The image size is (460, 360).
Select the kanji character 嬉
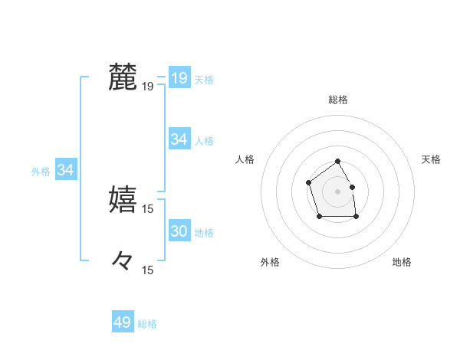tap(123, 198)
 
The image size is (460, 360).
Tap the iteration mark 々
tap(123, 261)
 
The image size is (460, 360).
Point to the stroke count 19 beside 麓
tap(148, 87)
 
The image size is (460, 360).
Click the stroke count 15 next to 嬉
tap(148, 208)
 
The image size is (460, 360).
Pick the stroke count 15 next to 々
tap(148, 270)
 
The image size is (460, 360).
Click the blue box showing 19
tap(179, 77)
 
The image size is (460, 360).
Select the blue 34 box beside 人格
tap(179, 139)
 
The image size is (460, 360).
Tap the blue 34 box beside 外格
tap(66, 170)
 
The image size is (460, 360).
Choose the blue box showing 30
tap(179, 231)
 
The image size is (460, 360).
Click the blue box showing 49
tap(122, 322)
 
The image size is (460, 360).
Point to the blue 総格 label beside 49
tap(147, 324)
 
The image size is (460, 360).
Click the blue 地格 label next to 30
tap(204, 232)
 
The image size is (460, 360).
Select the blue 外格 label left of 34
tap(41, 172)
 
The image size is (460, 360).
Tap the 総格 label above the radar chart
tap(338, 100)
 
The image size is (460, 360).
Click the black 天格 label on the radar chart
tap(432, 159)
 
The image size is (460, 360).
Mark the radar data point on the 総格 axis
tap(338, 162)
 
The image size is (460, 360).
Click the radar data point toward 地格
tap(356, 217)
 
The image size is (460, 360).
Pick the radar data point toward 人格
tap(308, 182)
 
